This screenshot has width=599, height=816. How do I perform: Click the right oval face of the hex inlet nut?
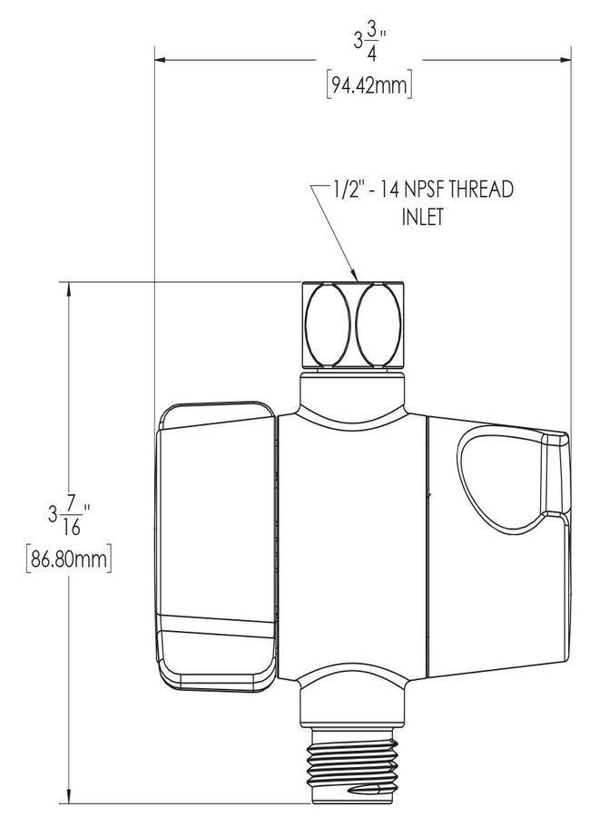pyautogui.click(x=379, y=325)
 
